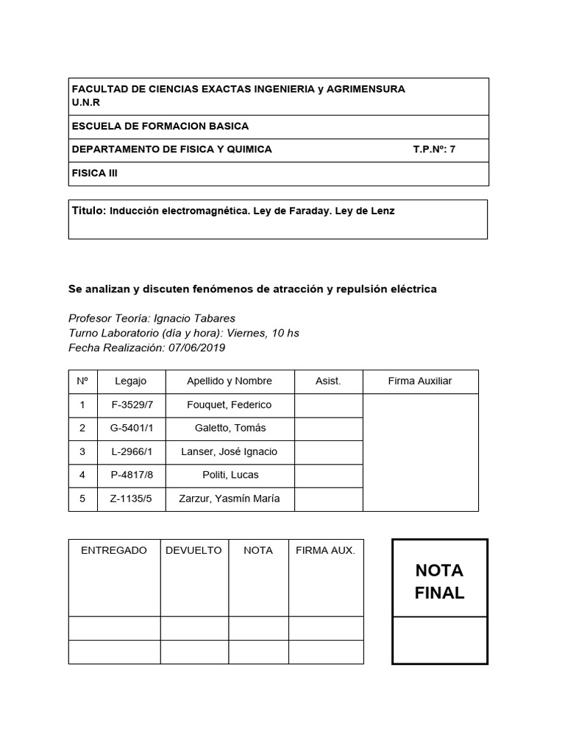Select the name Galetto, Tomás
(230, 429)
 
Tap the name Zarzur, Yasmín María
(230, 498)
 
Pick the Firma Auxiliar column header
(420, 381)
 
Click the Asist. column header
(328, 381)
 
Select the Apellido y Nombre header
(230, 381)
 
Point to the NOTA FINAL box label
(439, 582)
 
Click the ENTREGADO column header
(114, 551)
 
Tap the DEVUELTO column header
(194, 551)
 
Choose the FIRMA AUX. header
(325, 551)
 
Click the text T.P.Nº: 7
(434, 149)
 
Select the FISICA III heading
(94, 174)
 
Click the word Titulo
(88, 211)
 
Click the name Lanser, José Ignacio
(230, 451)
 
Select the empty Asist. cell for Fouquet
(328, 405)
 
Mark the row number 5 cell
(82, 498)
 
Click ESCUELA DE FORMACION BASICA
(160, 127)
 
